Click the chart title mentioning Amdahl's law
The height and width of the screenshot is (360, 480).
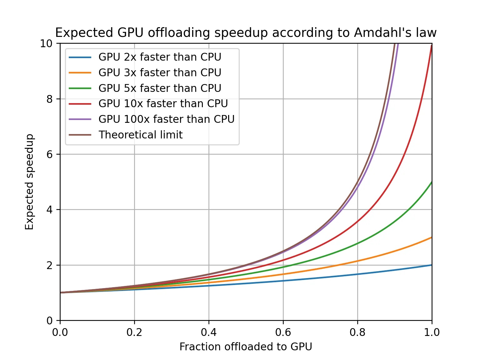pos(246,33)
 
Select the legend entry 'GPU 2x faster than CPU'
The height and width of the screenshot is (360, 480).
pos(160,57)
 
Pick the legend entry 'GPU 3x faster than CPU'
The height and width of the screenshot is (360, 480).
pos(160,72)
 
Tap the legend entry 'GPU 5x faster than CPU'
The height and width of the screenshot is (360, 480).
pos(160,88)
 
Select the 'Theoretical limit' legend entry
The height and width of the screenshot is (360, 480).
pos(141,135)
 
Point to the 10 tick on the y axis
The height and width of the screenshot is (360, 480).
pos(46,43)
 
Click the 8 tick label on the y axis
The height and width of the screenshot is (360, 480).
pos(49,99)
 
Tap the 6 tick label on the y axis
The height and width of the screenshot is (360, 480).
pos(49,154)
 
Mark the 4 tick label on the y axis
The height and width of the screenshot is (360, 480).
pos(49,210)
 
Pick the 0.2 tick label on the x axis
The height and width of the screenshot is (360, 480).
pos(134,332)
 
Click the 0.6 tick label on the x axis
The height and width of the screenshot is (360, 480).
pos(283,332)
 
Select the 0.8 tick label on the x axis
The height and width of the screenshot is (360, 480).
pos(357,332)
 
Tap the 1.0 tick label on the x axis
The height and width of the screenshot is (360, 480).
pos(432,332)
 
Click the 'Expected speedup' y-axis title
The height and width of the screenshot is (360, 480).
pos(29,182)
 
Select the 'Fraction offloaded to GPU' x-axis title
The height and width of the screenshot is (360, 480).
pos(246,347)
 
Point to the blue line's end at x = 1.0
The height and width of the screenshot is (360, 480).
pos(432,265)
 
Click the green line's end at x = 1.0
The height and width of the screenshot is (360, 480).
pos(432,182)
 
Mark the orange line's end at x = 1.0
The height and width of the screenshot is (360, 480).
pos(432,237)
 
